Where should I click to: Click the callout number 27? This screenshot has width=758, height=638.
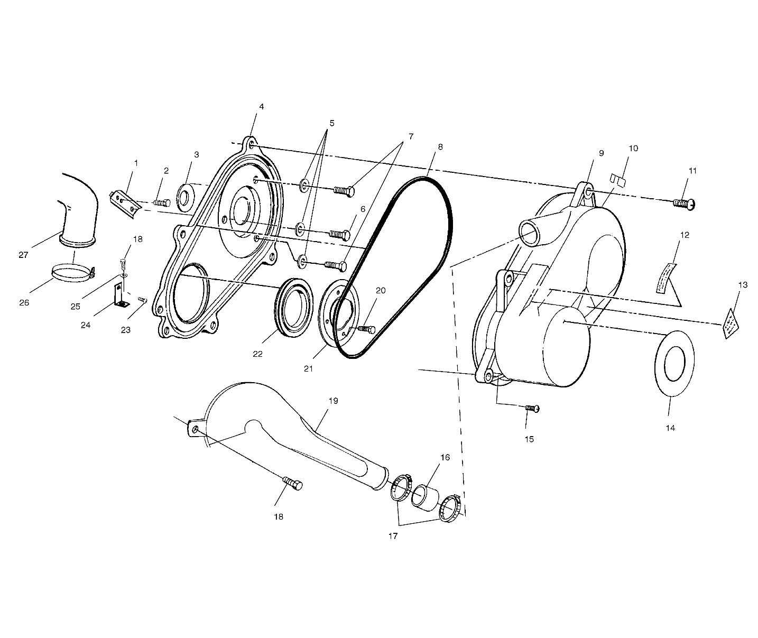[x=23, y=255]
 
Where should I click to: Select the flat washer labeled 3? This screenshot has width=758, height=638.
[x=185, y=197]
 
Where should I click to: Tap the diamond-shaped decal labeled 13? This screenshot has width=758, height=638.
[x=731, y=323]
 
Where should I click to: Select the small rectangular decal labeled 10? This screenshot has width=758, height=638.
[x=617, y=179]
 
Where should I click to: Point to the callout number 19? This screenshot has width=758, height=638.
[x=332, y=401]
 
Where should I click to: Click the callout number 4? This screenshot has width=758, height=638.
[x=261, y=106]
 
